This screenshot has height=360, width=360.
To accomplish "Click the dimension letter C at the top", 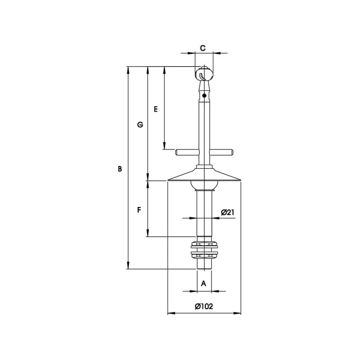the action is tap(202, 48).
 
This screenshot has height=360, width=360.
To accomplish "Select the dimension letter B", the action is tap(120, 169).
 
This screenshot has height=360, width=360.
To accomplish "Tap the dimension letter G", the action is tap(140, 125).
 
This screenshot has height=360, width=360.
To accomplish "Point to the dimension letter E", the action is tap(156, 109).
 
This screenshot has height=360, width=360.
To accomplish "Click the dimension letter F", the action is tap(139, 210).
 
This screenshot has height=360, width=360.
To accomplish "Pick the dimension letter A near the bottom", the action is tap(204, 283).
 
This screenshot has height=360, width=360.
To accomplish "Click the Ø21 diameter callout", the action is tap(228, 212).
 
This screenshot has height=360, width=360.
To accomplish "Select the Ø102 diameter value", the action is tap(204, 306).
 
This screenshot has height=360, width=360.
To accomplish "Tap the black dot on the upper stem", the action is tap(204, 95).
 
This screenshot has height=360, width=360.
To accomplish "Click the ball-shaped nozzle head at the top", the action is tap(204, 73).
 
